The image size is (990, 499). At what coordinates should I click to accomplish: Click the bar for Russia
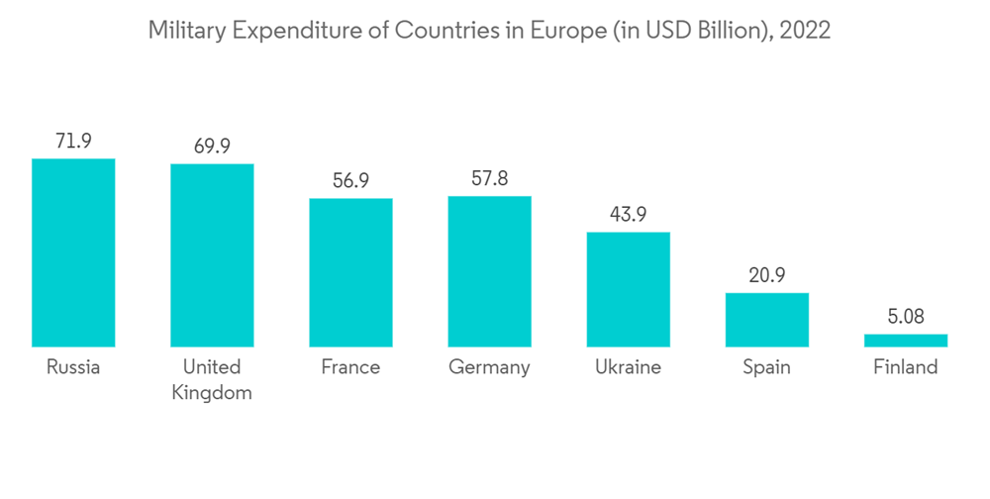73,252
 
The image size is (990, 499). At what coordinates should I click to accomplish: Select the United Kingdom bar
212,255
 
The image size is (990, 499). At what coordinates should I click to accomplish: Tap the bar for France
350,272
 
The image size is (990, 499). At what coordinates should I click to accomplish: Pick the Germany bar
489,271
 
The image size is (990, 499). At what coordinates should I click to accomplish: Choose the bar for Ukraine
628,289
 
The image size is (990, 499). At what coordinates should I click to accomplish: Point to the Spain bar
766,320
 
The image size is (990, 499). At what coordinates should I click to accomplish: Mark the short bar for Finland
905,340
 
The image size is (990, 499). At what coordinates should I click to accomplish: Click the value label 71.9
73,142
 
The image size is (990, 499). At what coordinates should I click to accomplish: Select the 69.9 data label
212,147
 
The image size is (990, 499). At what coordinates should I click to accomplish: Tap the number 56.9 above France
350,181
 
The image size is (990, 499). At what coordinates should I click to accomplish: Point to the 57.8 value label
489,179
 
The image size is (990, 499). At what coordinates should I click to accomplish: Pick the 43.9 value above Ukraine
628,215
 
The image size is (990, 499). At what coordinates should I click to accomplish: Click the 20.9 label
766,275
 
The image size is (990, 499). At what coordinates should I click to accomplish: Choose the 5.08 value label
905,317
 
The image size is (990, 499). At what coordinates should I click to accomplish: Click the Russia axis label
73,367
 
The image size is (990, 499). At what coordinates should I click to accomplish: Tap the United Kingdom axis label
212,379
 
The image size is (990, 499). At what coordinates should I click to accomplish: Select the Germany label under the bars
489,367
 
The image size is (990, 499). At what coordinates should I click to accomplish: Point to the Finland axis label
905,367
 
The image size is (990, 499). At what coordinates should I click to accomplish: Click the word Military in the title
185,31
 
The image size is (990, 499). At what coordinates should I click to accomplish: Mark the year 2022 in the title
805,31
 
